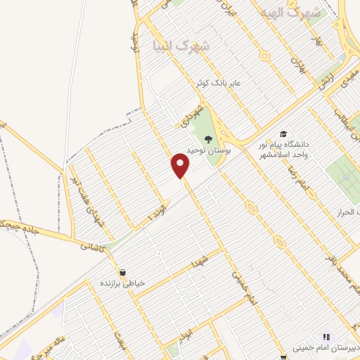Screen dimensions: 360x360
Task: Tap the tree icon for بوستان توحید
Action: [207, 138]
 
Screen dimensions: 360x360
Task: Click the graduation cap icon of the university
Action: [283, 134]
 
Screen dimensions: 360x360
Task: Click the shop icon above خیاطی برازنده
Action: [123, 272]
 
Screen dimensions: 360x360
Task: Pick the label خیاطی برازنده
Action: [122, 283]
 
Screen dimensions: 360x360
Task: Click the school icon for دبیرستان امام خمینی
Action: [325, 337]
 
